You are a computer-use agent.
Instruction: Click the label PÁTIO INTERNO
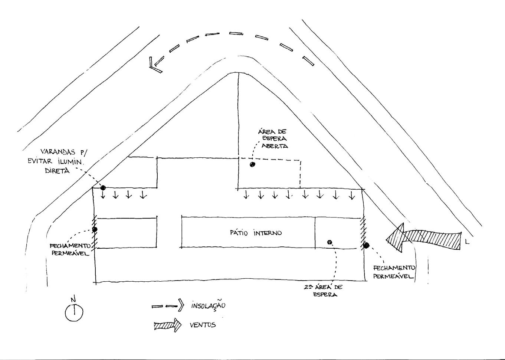tap(256, 233)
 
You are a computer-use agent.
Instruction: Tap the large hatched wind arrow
tap(423, 238)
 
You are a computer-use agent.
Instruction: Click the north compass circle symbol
tap(74, 313)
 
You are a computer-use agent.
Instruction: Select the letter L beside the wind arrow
tap(467, 243)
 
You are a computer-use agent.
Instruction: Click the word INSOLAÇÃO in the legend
tap(208, 306)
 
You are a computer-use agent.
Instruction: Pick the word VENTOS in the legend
tap(203, 325)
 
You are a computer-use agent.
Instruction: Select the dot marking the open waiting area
tap(252, 164)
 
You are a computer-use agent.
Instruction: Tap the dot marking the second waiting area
tap(329, 242)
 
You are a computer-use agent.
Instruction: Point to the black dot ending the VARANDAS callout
tap(103, 188)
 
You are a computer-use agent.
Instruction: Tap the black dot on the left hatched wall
tap(95, 229)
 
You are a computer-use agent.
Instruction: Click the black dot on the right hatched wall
tap(366, 245)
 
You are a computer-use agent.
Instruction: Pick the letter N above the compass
tap(73, 299)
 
